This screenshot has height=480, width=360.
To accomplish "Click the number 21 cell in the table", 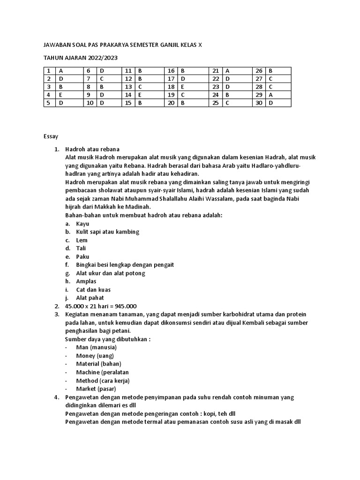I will click(x=216, y=71).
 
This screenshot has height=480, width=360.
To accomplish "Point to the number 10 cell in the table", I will click(x=90, y=103).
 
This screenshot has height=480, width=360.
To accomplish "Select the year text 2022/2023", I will click(x=102, y=58).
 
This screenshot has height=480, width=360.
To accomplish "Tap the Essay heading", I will click(x=51, y=136).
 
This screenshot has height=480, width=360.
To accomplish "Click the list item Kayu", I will click(x=82, y=224).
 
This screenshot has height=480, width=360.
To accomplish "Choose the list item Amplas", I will click(x=86, y=281).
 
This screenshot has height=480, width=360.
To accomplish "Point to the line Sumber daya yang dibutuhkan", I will click(x=108, y=339).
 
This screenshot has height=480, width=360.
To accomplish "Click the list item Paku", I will click(x=82, y=256).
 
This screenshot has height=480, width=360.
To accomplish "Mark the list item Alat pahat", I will click(x=90, y=298).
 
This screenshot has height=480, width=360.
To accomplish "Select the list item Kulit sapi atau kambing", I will click(x=107, y=232).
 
